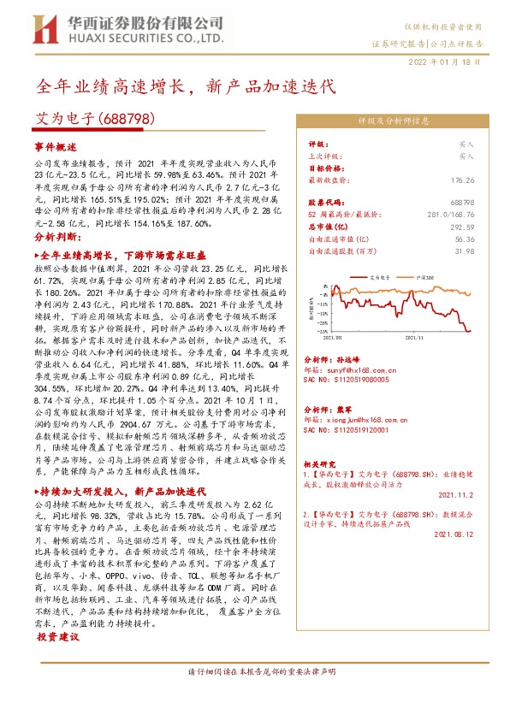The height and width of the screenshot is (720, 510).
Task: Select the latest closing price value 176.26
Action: tap(461, 181)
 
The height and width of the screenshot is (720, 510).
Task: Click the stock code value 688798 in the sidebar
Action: tap(461, 203)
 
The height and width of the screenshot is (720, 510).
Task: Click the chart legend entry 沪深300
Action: tap(422, 278)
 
